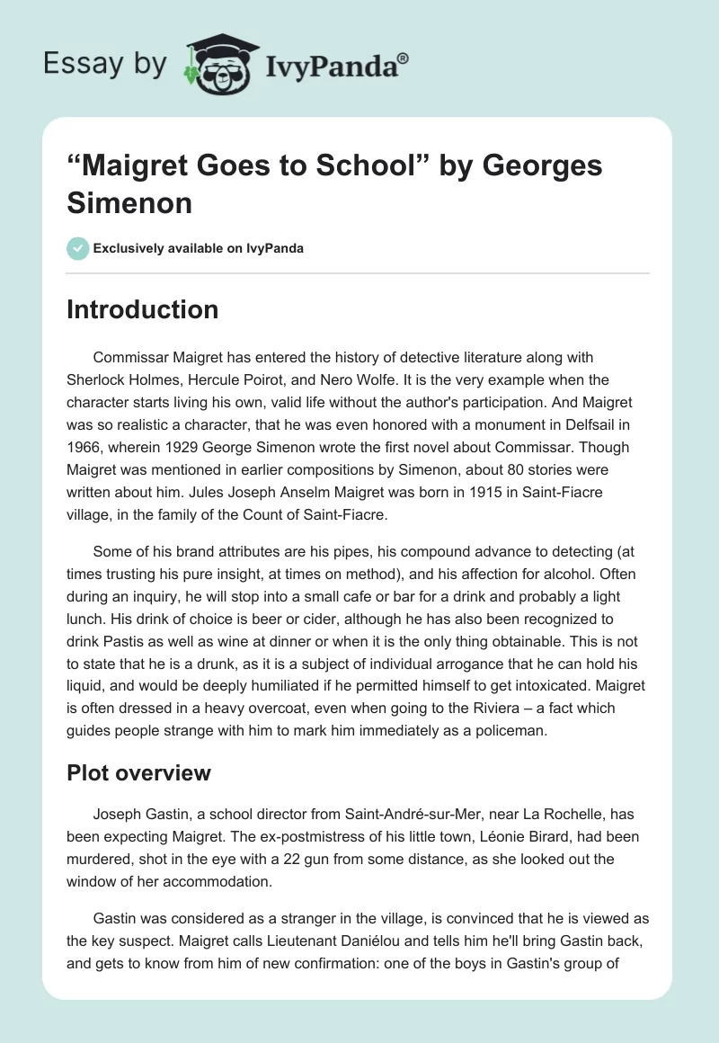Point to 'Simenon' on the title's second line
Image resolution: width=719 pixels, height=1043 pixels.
(129, 202)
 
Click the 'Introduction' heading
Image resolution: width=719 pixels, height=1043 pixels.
(143, 309)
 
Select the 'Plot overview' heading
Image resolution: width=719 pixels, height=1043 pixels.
(138, 772)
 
